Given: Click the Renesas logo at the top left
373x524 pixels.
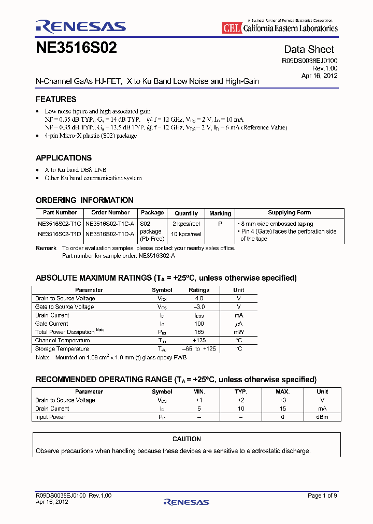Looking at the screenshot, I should [80, 26].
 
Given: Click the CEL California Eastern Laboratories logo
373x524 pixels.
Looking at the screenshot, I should [280, 28].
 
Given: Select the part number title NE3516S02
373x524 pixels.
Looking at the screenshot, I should [76, 49].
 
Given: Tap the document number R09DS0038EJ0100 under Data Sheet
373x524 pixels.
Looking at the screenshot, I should [309, 61].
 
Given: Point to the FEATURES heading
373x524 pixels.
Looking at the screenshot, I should [56, 99].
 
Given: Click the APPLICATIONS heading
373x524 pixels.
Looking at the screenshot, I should [64, 158].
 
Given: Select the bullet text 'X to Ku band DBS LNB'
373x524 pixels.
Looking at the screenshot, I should [76, 170].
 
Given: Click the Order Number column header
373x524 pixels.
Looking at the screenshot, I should [110, 213].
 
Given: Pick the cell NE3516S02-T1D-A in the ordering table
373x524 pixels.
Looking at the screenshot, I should [110, 234].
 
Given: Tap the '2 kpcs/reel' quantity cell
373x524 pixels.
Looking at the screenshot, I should [187, 224].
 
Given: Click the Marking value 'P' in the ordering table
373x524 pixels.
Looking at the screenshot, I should [220, 224].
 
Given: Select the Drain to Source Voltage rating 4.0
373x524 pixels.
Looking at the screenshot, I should [199, 298].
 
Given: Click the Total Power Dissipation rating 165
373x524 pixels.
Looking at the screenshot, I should [199, 332].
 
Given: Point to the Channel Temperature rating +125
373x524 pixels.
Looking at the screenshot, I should [199, 340].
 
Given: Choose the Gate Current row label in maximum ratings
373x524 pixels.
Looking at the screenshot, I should [52, 324].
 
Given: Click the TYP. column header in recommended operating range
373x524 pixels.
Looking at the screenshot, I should [240, 392].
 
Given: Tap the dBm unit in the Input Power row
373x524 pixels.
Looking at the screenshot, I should [322, 417].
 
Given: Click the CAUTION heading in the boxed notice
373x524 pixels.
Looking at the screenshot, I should [187, 439].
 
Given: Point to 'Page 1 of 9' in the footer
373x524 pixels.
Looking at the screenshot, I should [322, 496].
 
